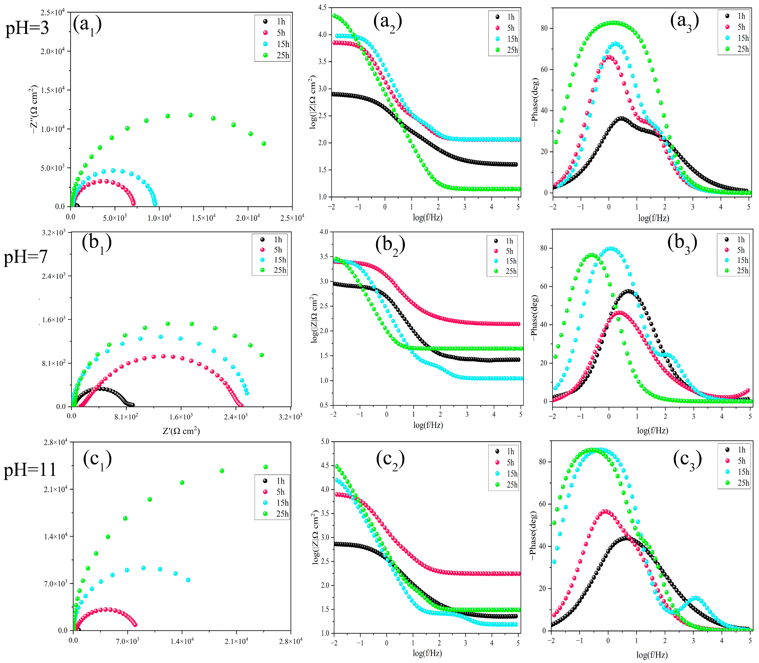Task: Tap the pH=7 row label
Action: click(26, 256)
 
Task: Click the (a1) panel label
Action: click(87, 25)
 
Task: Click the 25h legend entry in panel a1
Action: click(278, 55)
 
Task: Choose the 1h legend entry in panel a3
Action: click(735, 16)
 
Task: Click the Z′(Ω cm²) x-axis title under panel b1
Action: click(181, 431)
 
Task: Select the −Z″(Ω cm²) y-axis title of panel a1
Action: click(34, 109)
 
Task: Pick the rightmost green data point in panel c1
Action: click(266, 467)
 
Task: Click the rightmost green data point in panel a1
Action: click(264, 144)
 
